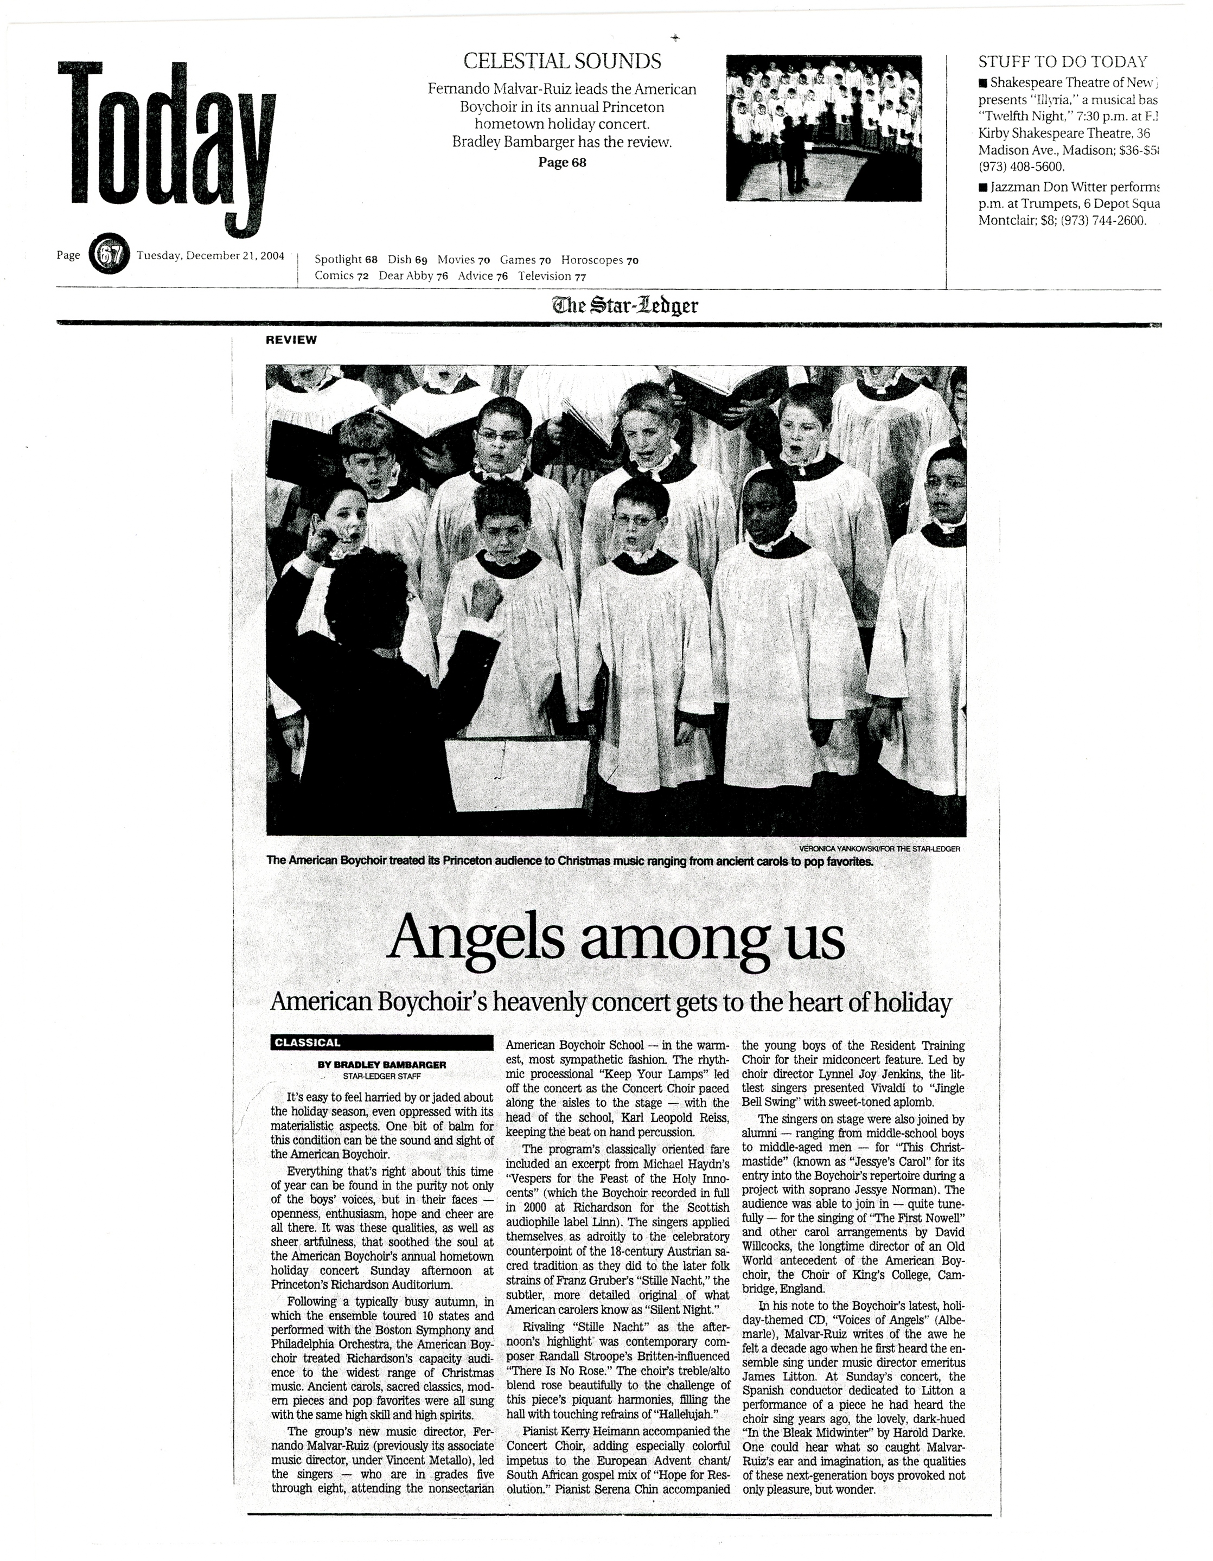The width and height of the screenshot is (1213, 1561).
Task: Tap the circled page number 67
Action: point(108,255)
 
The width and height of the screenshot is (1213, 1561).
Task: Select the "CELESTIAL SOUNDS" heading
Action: point(562,61)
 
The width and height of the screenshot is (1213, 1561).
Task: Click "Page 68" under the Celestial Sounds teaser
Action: point(562,162)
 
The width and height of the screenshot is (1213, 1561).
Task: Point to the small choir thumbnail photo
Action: point(823,129)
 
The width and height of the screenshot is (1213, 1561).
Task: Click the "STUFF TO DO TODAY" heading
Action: point(1062,61)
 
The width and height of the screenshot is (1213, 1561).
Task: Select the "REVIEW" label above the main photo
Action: point(291,340)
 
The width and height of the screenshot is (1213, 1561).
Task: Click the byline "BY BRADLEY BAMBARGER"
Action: point(382,1064)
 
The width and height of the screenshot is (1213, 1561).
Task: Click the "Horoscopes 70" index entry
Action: point(599,260)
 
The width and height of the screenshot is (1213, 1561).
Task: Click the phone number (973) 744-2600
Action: point(1094,220)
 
